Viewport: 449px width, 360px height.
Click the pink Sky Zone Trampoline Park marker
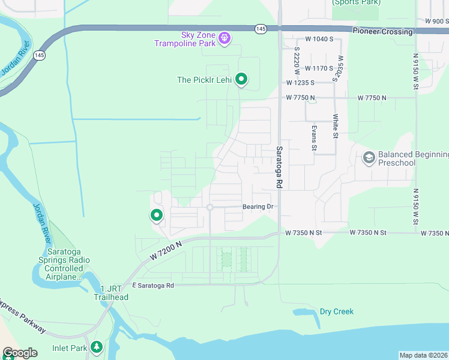point(224,38)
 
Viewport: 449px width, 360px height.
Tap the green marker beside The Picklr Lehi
point(241,79)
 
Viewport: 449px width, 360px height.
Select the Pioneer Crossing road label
point(382,31)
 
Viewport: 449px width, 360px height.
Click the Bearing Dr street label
point(258,207)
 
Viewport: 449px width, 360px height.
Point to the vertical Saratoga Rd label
point(279,167)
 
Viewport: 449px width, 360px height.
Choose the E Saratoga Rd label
point(152,286)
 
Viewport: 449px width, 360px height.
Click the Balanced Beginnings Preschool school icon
point(369,158)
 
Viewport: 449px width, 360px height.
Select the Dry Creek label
point(336,311)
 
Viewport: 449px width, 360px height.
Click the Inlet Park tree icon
point(97,347)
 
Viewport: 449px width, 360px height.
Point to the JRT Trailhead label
point(110,293)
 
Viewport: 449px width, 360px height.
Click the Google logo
point(20,353)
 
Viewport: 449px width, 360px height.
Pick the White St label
point(336,125)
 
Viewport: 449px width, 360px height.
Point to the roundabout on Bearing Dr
point(209,208)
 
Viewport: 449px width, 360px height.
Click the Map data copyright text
point(423,355)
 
